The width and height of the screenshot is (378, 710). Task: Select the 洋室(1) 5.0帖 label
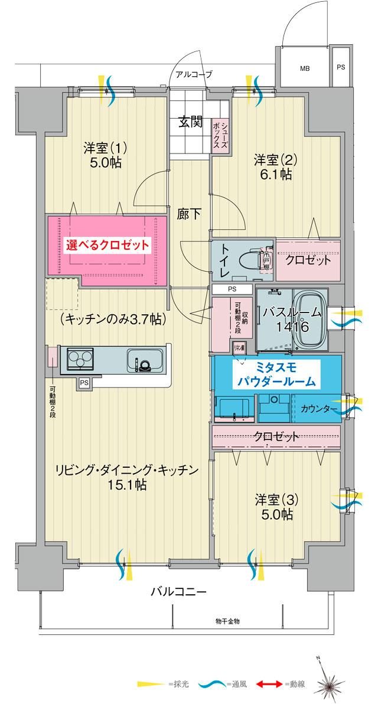(105, 155)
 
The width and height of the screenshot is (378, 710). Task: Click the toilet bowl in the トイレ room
(251, 260)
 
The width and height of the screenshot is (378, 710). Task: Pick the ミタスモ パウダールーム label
(276, 375)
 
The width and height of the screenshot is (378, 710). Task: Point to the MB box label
(304, 69)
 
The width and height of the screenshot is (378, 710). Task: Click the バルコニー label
(178, 591)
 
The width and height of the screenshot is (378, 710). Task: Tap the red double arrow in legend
(269, 685)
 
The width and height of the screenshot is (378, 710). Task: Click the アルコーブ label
(190, 74)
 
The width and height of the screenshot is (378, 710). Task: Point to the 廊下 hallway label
(188, 214)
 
